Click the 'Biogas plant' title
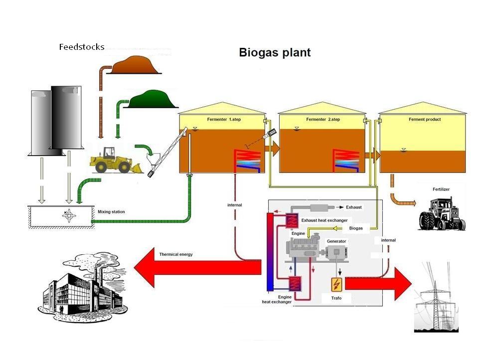(275, 52)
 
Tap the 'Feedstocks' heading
(82, 47)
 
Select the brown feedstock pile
(135, 65)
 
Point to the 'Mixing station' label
(111, 211)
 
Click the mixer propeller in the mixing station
(69, 215)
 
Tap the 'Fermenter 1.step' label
(224, 119)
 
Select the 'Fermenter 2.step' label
(323, 119)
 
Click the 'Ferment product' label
(425, 119)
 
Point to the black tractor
(442, 214)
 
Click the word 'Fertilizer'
(441, 189)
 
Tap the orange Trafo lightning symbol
(336, 284)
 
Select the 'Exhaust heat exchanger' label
(325, 220)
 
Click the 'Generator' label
(336, 241)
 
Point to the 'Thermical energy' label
(176, 254)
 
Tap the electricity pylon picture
(436, 297)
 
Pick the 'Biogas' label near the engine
(356, 228)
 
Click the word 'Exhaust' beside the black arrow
(354, 207)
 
